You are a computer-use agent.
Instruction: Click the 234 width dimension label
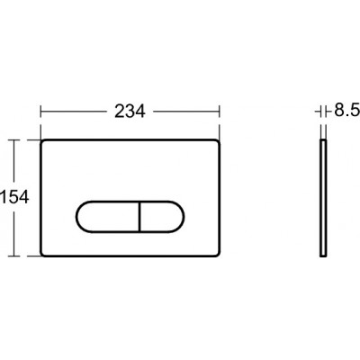point(130,112)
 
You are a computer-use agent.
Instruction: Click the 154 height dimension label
point(15,198)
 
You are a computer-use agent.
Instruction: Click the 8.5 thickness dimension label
point(347,112)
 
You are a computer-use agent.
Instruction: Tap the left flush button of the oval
point(107,216)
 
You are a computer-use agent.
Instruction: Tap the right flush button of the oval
point(162,216)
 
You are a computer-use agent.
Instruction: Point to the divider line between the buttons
point(139,216)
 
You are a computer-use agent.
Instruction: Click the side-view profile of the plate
point(323,198)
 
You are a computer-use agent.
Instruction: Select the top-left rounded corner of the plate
point(42,141)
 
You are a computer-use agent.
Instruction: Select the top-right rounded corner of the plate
point(218,141)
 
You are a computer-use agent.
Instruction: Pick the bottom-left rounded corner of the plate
point(42,255)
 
